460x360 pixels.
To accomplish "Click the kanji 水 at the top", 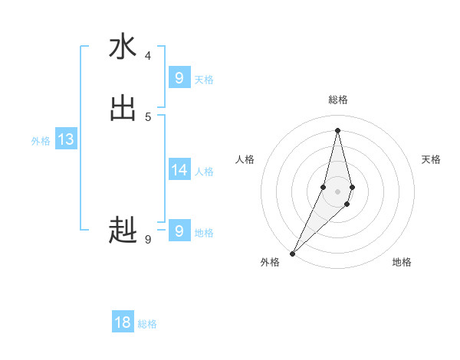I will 123,47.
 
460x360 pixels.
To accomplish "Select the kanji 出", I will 123,108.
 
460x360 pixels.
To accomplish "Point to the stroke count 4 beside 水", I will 148,56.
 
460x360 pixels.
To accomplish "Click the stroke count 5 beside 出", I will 148,116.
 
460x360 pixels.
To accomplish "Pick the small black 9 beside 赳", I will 148,240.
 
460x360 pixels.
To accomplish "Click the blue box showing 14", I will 179,170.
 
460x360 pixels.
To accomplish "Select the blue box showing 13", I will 66,139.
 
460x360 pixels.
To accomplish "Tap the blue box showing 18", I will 123,322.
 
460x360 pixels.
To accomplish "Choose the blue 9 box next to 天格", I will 179,78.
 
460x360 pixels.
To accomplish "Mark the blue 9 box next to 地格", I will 179,231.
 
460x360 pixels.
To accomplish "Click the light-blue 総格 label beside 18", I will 147,324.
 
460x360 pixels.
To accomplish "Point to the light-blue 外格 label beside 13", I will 41,141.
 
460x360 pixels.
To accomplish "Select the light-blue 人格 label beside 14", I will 205,172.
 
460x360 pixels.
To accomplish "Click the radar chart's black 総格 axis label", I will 338,100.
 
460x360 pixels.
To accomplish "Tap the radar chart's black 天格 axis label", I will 431,159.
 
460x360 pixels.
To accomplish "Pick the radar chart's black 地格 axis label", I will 402,262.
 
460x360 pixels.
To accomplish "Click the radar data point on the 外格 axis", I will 293,253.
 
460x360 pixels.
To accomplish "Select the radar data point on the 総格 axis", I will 338,129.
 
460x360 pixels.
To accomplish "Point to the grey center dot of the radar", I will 338,191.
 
